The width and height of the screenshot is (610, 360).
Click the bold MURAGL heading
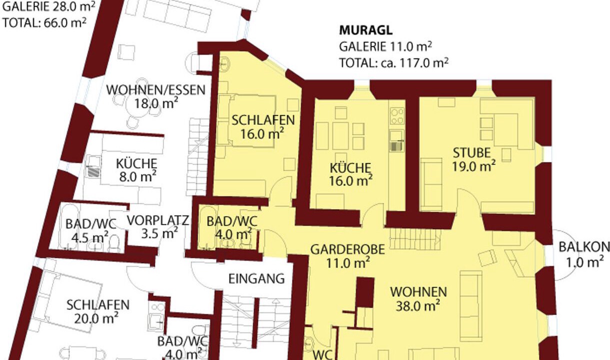point(365,30)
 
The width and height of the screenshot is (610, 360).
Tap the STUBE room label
point(471,153)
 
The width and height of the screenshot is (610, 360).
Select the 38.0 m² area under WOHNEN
point(417,305)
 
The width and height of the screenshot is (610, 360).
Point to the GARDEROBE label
point(348,249)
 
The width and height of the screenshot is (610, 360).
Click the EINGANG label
point(256,279)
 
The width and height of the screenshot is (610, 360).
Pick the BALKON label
point(584,247)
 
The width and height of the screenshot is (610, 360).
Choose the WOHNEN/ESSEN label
point(156,90)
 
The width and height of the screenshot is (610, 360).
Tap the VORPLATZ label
point(158,220)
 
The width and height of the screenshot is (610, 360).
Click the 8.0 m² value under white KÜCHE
point(137,176)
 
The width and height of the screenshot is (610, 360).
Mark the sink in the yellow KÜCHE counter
point(397,141)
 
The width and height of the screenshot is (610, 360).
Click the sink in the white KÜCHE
point(93,166)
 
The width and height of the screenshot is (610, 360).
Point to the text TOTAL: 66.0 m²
point(44,22)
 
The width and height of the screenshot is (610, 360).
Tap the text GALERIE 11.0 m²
point(385,46)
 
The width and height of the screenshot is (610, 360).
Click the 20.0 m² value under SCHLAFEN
point(96,318)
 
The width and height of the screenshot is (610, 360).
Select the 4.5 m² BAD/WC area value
point(90,237)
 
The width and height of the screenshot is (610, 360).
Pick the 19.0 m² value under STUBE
point(474,166)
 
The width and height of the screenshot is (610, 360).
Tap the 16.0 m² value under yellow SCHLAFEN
point(262,133)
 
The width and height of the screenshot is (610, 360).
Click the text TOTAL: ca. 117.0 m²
point(394,63)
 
